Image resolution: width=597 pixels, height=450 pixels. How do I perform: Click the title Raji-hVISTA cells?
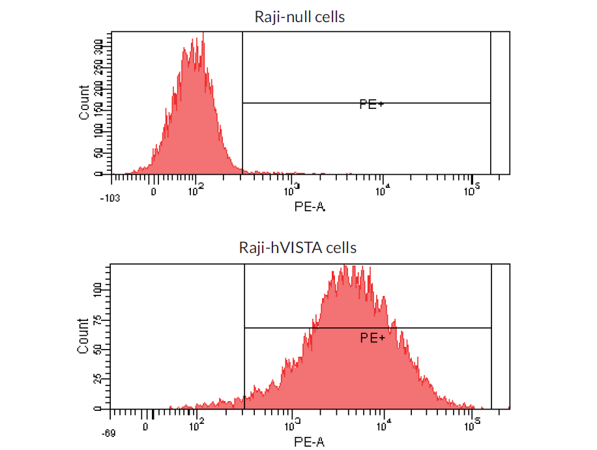tap(298, 248)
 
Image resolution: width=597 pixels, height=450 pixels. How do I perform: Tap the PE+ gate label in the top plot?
tap(371, 104)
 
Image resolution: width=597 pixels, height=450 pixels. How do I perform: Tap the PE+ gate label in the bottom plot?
tap(373, 338)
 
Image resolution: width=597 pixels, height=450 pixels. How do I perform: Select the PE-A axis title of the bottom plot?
tap(309, 442)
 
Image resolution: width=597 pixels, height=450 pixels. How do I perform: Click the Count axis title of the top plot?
tap(84, 102)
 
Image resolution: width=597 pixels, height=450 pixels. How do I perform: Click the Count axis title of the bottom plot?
tap(83, 336)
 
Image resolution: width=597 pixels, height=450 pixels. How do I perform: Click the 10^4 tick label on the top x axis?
tap(383, 189)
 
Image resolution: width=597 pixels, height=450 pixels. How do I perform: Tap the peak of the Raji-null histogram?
tap(203, 34)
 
